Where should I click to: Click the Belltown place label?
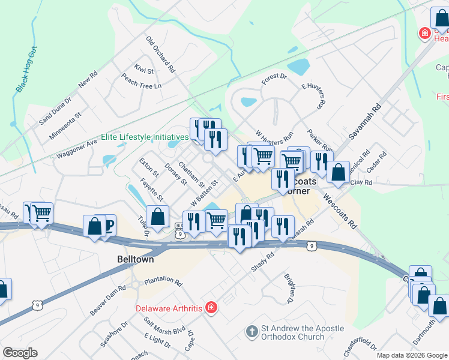[135, 260]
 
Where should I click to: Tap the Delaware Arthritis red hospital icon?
[211, 308]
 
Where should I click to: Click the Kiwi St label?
[144, 68]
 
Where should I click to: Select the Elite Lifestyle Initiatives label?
[145, 137]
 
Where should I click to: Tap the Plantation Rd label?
[163, 280]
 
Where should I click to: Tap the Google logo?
[20, 353]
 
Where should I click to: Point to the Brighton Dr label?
[291, 287]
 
